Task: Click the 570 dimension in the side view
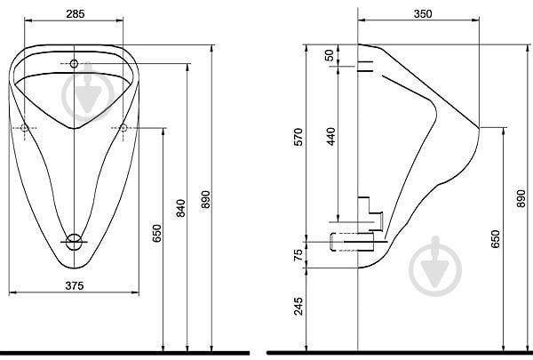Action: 298,138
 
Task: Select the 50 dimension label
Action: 330,55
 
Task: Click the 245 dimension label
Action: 298,308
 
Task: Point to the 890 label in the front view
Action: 205,201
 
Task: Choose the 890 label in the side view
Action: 521,201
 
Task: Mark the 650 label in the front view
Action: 156,233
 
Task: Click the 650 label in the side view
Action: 496,238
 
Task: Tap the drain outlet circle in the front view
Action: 76,239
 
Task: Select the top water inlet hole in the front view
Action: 75,63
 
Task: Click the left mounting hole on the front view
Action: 24,129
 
